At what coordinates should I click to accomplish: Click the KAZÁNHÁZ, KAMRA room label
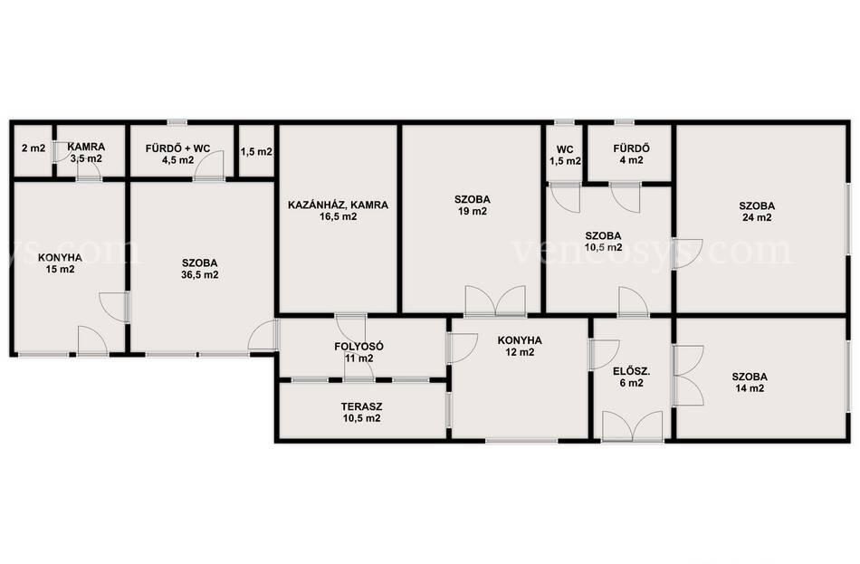tap(338, 206)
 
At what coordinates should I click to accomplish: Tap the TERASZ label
tap(361, 407)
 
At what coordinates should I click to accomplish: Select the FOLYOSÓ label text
tap(358, 347)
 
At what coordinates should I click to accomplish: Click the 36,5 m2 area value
tap(200, 275)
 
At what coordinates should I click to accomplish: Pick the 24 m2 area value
tap(757, 218)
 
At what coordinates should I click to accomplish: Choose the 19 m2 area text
tap(473, 212)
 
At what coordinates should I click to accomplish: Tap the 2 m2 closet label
tap(33, 148)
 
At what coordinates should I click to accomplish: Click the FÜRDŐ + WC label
tap(177, 148)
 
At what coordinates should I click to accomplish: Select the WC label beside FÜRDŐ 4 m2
tap(565, 149)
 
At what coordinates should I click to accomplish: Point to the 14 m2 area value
tap(750, 388)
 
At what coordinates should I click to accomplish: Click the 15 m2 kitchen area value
tap(61, 270)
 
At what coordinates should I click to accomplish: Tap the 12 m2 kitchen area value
tap(520, 352)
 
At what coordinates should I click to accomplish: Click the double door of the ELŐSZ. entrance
tap(632, 425)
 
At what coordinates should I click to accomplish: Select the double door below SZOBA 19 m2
tap(495, 301)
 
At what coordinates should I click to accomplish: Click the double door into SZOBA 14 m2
tap(688, 376)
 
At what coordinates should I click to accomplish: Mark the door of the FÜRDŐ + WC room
tap(209, 166)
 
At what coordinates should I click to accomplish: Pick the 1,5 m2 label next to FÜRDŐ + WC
tap(256, 152)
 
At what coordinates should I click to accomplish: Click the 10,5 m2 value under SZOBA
tap(603, 247)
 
